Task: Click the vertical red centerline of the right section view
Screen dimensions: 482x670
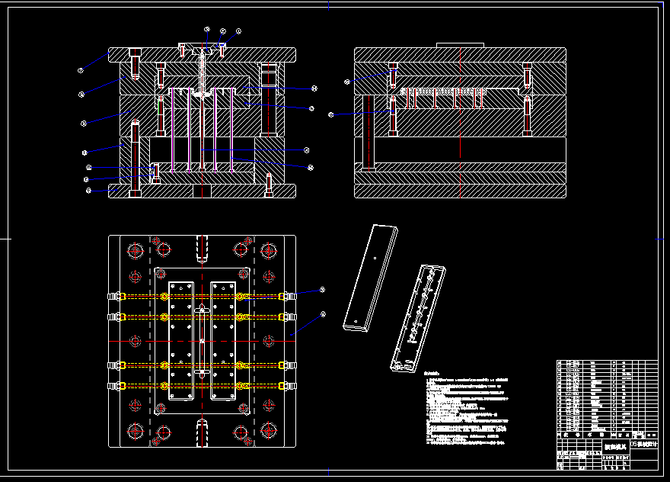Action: click(461, 122)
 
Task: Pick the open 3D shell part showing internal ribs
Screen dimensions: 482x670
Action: click(418, 317)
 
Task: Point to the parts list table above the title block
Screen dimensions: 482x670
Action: click(607, 397)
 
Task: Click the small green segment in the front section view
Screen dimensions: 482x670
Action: click(158, 107)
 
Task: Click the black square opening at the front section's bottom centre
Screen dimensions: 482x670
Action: click(201, 190)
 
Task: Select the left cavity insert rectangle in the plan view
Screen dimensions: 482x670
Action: click(182, 340)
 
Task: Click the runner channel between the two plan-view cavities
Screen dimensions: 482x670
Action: click(202, 340)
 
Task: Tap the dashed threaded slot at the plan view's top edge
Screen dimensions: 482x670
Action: click(202, 248)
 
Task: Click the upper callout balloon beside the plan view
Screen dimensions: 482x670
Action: click(322, 290)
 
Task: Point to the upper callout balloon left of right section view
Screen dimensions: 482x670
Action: click(347, 81)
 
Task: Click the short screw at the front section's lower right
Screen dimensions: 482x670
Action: click(268, 185)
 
